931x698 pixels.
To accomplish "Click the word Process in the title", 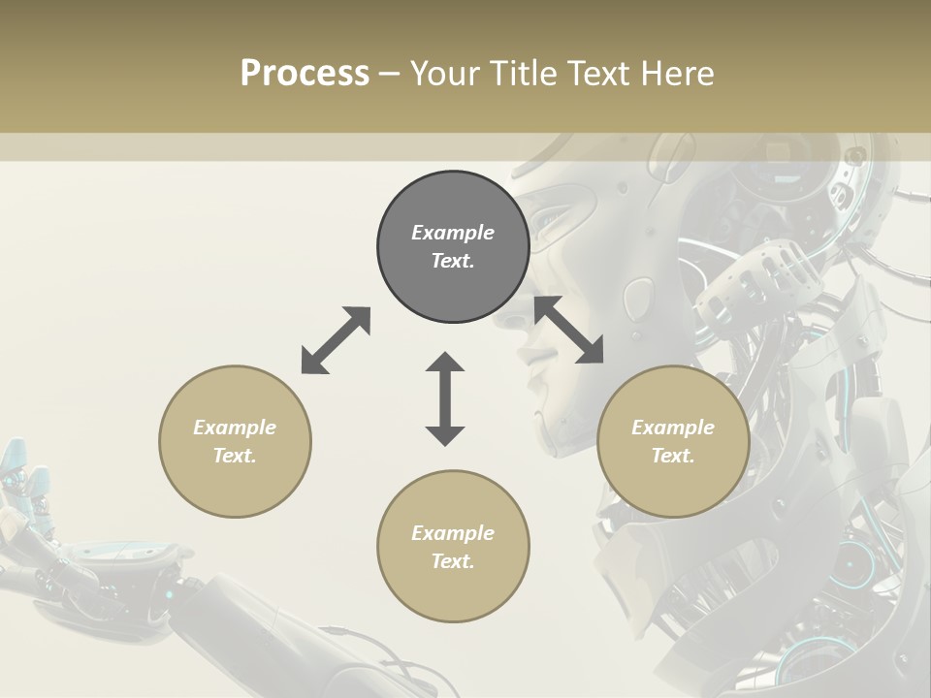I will point(305,74).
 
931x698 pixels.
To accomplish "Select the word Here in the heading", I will point(676,74).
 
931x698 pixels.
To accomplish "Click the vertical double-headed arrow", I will point(445,398).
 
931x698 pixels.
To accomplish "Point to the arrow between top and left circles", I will point(336,340).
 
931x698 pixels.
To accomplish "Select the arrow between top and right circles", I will point(568,330).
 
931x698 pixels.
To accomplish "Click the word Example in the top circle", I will point(453,233).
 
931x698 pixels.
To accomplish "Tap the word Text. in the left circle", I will point(235,456).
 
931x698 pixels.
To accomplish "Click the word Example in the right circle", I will point(673,428).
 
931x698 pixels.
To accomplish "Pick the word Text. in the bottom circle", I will point(453,561).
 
